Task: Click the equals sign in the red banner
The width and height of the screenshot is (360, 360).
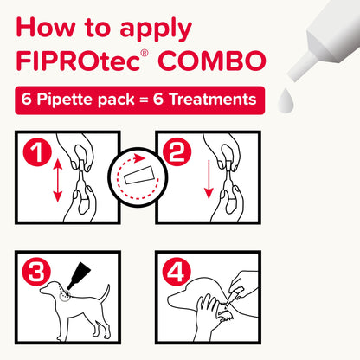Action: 139,100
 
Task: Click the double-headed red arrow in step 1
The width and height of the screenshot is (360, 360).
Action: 58,183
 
